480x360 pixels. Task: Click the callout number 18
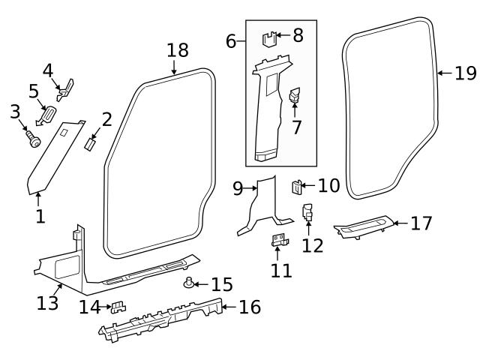pyautogui.click(x=177, y=50)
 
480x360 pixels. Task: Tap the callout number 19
pyautogui.click(x=465, y=73)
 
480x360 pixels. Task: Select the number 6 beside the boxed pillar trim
pyautogui.click(x=230, y=40)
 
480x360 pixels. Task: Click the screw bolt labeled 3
pyautogui.click(x=33, y=139)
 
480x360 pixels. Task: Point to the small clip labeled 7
pyautogui.click(x=294, y=95)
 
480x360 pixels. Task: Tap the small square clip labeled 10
pyautogui.click(x=297, y=185)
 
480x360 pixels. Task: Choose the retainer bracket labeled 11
pyautogui.click(x=280, y=240)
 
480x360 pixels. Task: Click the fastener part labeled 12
pyautogui.click(x=307, y=213)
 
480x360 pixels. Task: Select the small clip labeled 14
pyautogui.click(x=118, y=307)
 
